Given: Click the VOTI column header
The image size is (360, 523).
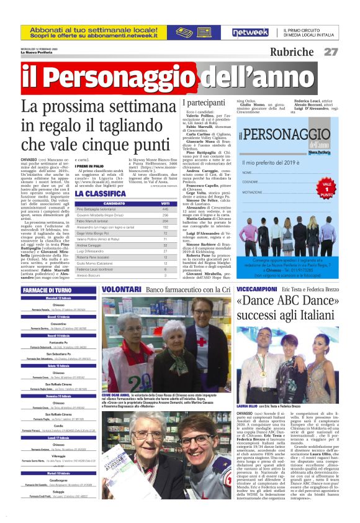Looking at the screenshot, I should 164,204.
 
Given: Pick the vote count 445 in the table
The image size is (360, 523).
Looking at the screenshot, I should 165,210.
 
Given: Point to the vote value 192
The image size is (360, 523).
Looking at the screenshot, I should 165,228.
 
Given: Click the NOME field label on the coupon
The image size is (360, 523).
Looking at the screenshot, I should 246,172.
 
